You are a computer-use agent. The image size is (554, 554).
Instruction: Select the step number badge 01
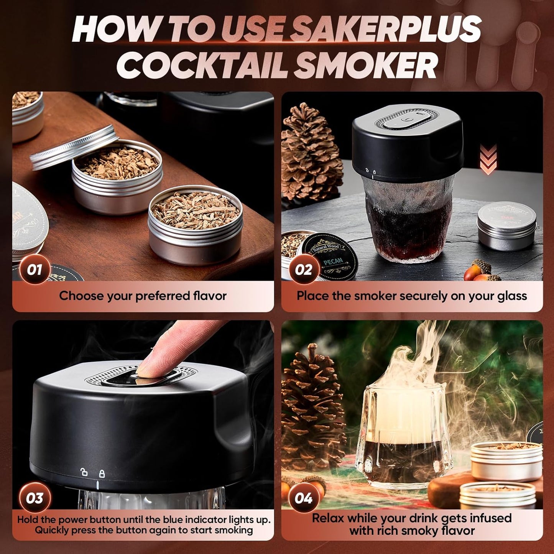point(34,270)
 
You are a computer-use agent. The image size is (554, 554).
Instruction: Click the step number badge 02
point(303,270)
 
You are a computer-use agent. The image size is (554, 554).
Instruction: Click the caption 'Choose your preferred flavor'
point(143,296)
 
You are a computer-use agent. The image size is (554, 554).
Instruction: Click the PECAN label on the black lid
point(332,262)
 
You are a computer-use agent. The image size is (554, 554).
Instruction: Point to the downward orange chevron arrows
point(488,159)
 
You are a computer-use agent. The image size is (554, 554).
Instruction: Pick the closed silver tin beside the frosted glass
point(506,226)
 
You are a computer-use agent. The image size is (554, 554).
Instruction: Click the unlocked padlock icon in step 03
point(84,472)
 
